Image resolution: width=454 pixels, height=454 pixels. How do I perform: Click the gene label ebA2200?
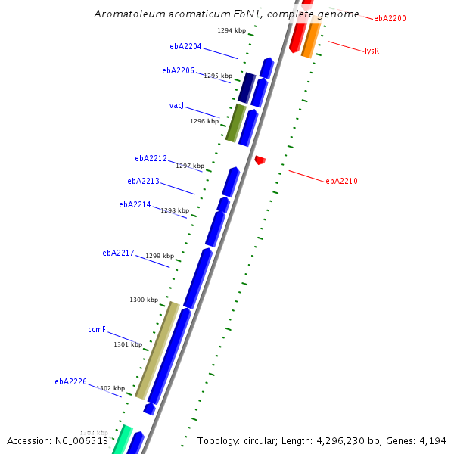point(390,17)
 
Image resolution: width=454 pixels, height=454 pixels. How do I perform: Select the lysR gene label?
point(372,51)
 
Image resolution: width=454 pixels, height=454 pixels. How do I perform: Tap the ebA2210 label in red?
point(341,181)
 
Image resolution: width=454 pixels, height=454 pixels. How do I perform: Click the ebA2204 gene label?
point(185,46)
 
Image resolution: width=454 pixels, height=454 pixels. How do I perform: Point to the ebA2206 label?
point(178,70)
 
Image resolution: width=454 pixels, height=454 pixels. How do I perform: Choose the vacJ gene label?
point(176,105)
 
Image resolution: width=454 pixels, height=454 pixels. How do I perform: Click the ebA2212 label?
point(151,158)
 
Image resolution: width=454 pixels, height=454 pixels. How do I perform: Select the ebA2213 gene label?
point(143,181)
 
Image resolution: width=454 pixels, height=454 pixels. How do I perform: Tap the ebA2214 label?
point(135,204)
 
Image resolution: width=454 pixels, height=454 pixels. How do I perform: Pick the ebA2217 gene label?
point(118,253)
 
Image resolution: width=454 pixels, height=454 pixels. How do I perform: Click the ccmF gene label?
point(97,329)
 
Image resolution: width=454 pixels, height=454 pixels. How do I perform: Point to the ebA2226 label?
point(70,381)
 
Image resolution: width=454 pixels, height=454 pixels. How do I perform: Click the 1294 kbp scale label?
point(232,30)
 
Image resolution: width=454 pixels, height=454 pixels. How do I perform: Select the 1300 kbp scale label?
point(144,300)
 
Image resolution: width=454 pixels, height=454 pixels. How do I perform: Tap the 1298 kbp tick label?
point(174,210)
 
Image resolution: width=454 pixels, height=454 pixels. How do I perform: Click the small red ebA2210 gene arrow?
point(260,160)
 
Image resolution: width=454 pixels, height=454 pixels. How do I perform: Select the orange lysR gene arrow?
point(309,40)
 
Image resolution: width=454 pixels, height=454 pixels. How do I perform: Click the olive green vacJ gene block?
point(235,123)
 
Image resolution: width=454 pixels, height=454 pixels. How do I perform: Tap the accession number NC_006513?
point(58,440)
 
